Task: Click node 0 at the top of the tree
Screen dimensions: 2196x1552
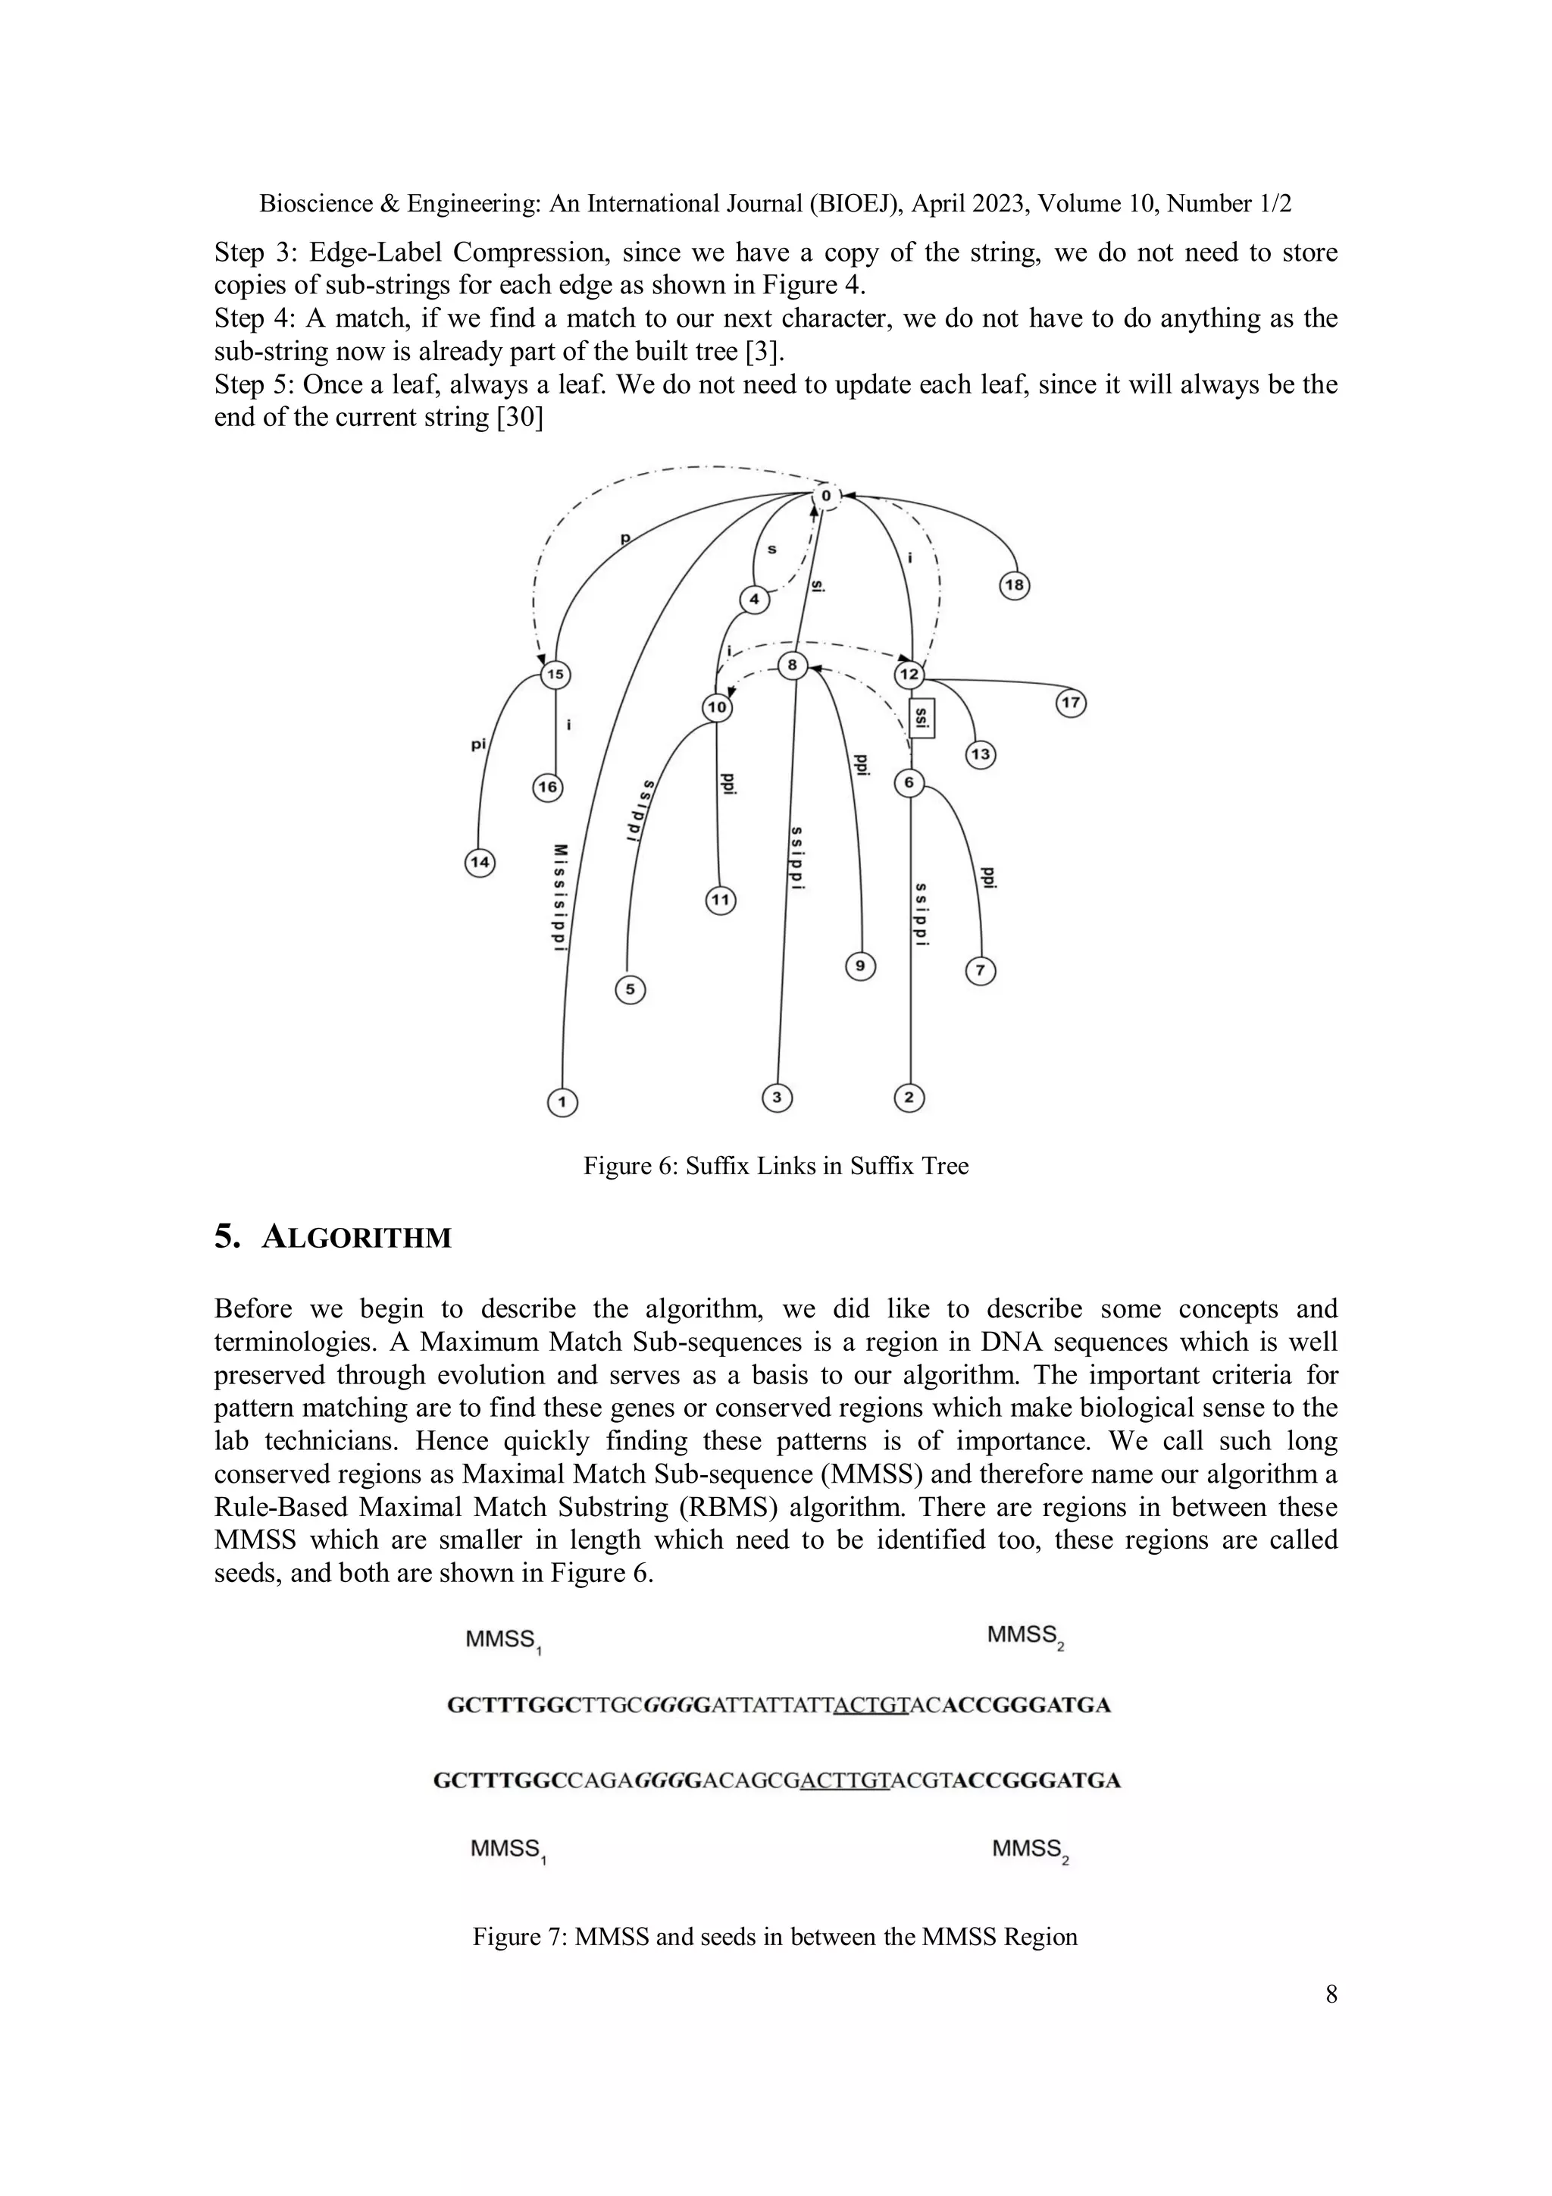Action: coord(826,497)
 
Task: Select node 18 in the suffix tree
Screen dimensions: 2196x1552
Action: coord(1015,585)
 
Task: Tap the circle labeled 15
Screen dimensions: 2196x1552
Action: coord(555,675)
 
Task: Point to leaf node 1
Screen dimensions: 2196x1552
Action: coord(562,1103)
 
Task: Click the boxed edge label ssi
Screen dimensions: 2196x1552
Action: coord(921,717)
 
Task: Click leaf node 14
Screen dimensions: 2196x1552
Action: coord(480,863)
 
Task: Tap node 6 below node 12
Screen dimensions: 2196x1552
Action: coord(909,783)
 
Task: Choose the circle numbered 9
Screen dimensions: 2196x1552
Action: coord(861,967)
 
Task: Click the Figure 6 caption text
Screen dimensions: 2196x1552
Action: coord(775,1166)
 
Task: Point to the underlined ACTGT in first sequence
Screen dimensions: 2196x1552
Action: coord(870,1706)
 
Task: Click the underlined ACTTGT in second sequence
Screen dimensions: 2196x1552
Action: coord(844,1781)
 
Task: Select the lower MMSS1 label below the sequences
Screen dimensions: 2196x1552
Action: coord(508,1851)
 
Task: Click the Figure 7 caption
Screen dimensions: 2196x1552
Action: coord(774,1937)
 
